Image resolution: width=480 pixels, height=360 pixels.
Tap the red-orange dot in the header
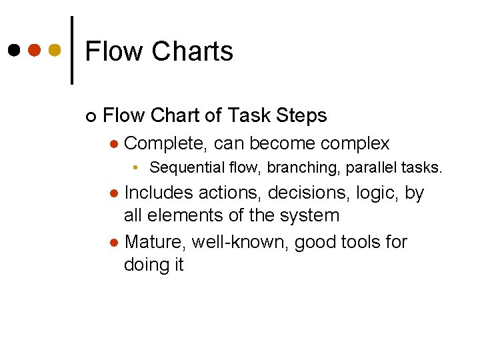click(x=35, y=51)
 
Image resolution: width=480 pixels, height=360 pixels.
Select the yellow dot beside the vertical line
click(x=55, y=51)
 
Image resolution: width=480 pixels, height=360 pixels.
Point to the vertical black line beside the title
click(x=72, y=50)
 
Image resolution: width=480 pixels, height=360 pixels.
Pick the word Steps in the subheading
click(x=299, y=116)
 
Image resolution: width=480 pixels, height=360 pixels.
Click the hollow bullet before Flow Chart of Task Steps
click(x=90, y=117)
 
